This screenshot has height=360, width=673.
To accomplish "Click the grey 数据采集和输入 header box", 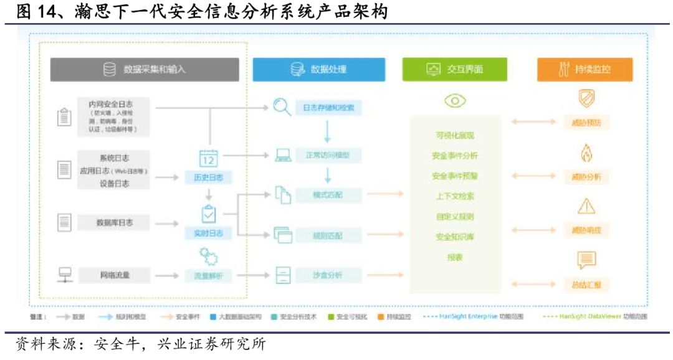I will click(x=145, y=70).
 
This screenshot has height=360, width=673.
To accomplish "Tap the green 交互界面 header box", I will click(x=454, y=70).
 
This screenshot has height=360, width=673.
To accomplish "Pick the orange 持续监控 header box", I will click(x=585, y=70).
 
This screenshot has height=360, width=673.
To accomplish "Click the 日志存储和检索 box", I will click(x=328, y=108).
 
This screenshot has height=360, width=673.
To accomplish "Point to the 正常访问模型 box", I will click(x=328, y=155).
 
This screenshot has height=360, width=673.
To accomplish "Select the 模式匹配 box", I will click(x=328, y=196).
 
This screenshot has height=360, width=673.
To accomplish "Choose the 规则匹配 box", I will click(x=328, y=235).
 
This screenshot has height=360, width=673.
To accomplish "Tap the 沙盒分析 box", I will click(x=328, y=275).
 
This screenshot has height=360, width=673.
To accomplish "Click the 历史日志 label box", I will click(x=208, y=178).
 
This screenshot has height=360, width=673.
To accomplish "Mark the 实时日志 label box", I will click(x=208, y=234).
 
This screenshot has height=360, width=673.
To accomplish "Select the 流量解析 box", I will click(x=208, y=275).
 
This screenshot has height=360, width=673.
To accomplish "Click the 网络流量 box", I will click(x=114, y=275).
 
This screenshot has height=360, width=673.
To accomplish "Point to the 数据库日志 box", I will click(x=114, y=222).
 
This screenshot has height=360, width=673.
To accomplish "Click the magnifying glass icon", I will click(x=282, y=108).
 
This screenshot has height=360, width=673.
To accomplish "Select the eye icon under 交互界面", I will click(x=455, y=101).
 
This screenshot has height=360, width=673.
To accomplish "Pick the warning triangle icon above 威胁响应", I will click(x=586, y=206).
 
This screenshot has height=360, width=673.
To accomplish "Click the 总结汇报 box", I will click(x=586, y=285).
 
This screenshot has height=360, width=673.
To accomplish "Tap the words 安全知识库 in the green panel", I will click(x=455, y=237).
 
